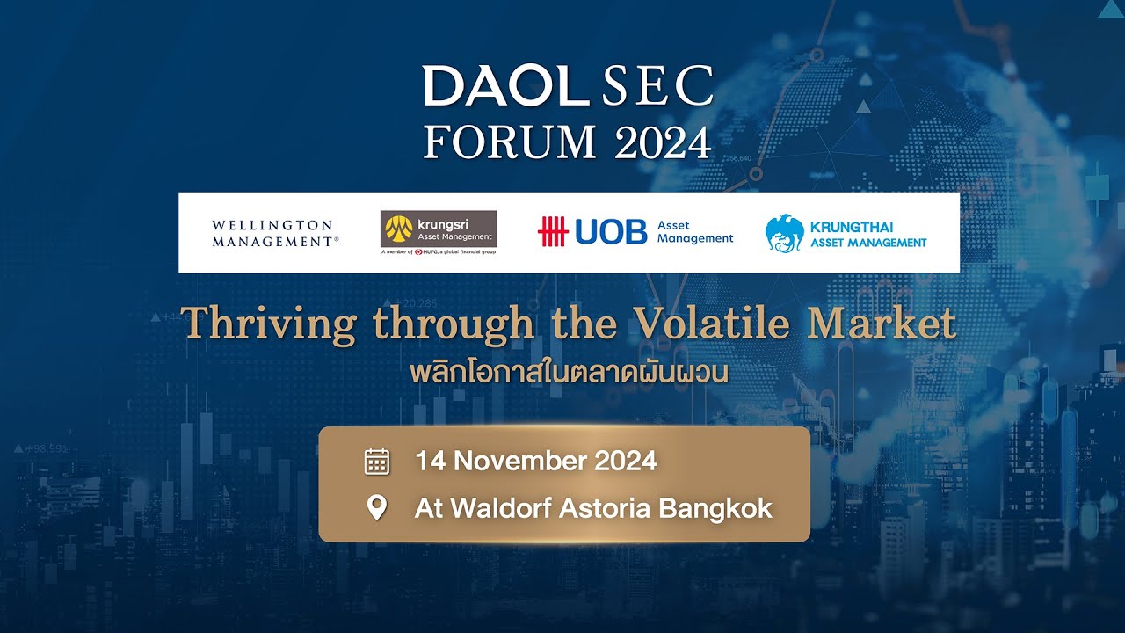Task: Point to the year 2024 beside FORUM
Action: pyautogui.click(x=663, y=142)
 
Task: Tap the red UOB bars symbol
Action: pyautogui.click(x=553, y=232)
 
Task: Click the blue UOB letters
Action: pyautogui.click(x=611, y=232)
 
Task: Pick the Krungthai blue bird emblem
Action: pyautogui.click(x=784, y=233)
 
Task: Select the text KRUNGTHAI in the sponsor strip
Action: pyautogui.click(x=852, y=227)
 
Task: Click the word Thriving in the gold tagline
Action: pyautogui.click(x=269, y=324)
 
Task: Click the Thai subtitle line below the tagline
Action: pyautogui.click(x=570, y=372)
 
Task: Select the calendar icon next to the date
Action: pyautogui.click(x=377, y=462)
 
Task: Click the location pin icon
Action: pyautogui.click(x=377, y=508)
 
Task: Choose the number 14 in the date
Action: pyautogui.click(x=430, y=461)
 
